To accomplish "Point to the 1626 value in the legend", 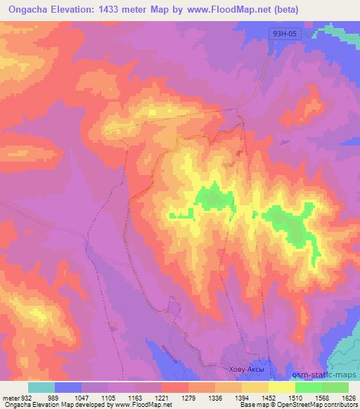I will point(348,397).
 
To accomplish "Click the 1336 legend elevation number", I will point(228,397).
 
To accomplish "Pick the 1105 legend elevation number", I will point(108,397).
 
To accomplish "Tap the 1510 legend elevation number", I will point(308,397).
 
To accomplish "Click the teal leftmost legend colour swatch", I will point(41,387).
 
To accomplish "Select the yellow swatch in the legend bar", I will point(281,387).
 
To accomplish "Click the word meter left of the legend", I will point(9,397).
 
